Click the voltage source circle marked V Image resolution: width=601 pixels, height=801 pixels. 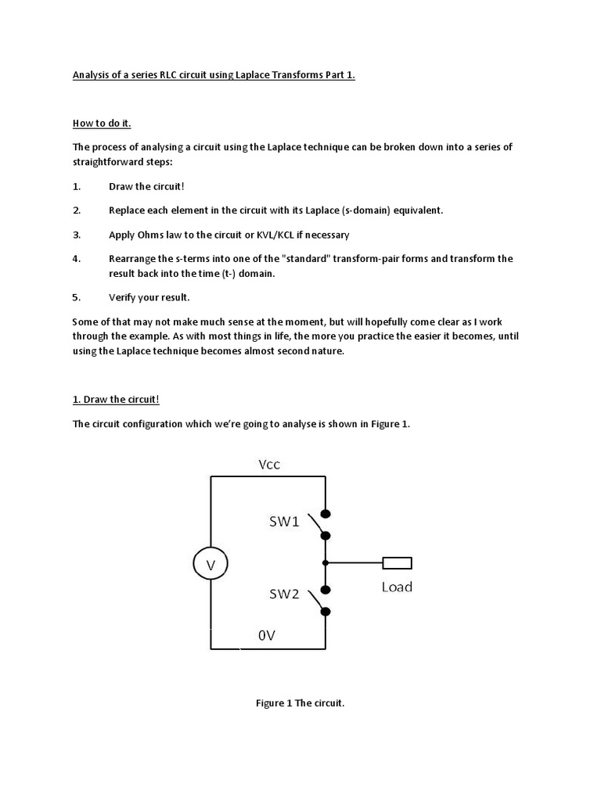click(211, 563)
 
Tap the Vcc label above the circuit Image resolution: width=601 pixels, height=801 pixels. click(269, 465)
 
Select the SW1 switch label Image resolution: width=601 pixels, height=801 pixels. click(284, 523)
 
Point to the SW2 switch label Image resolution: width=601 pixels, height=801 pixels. click(284, 594)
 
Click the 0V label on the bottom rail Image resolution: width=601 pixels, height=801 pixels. click(267, 636)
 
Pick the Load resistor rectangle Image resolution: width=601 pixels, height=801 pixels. click(397, 562)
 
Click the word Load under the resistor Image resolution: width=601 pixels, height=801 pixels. click(397, 587)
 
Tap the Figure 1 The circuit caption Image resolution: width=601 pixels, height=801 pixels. click(300, 703)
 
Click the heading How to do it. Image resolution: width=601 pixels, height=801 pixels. click(98, 124)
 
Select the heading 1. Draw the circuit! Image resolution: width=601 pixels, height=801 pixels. click(116, 400)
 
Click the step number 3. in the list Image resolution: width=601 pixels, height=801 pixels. click(77, 235)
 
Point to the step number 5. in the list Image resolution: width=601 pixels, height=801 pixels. click(77, 297)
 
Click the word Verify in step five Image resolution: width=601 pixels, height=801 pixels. click(123, 297)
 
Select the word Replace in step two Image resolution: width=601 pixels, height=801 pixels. click(128, 210)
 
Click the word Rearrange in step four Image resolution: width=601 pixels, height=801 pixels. click(133, 259)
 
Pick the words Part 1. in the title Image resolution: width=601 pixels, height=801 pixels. click(340, 76)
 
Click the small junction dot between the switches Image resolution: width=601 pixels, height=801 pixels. click(326, 562)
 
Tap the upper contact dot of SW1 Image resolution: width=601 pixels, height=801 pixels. click(326, 514)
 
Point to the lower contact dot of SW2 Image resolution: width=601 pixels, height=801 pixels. click(326, 612)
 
